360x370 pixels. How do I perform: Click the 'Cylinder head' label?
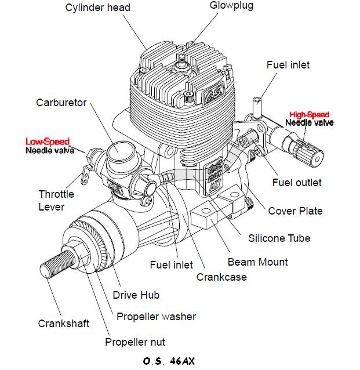(x=97, y=8)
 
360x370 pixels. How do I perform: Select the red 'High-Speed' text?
(x=309, y=114)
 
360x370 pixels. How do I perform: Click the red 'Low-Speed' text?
(x=47, y=142)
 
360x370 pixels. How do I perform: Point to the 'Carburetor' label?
(x=61, y=103)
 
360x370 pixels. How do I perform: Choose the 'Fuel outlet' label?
(x=296, y=183)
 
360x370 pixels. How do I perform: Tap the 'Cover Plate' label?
(x=295, y=211)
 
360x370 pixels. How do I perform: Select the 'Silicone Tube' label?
(x=279, y=238)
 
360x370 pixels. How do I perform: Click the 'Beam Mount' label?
(x=257, y=262)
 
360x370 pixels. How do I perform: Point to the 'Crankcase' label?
(x=221, y=277)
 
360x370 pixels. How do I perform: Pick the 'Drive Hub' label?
(x=136, y=295)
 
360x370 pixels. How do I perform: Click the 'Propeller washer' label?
(x=156, y=316)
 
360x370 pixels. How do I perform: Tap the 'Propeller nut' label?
(x=135, y=342)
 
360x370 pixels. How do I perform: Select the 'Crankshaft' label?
(x=64, y=323)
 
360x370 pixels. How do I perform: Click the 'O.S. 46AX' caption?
(x=168, y=361)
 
